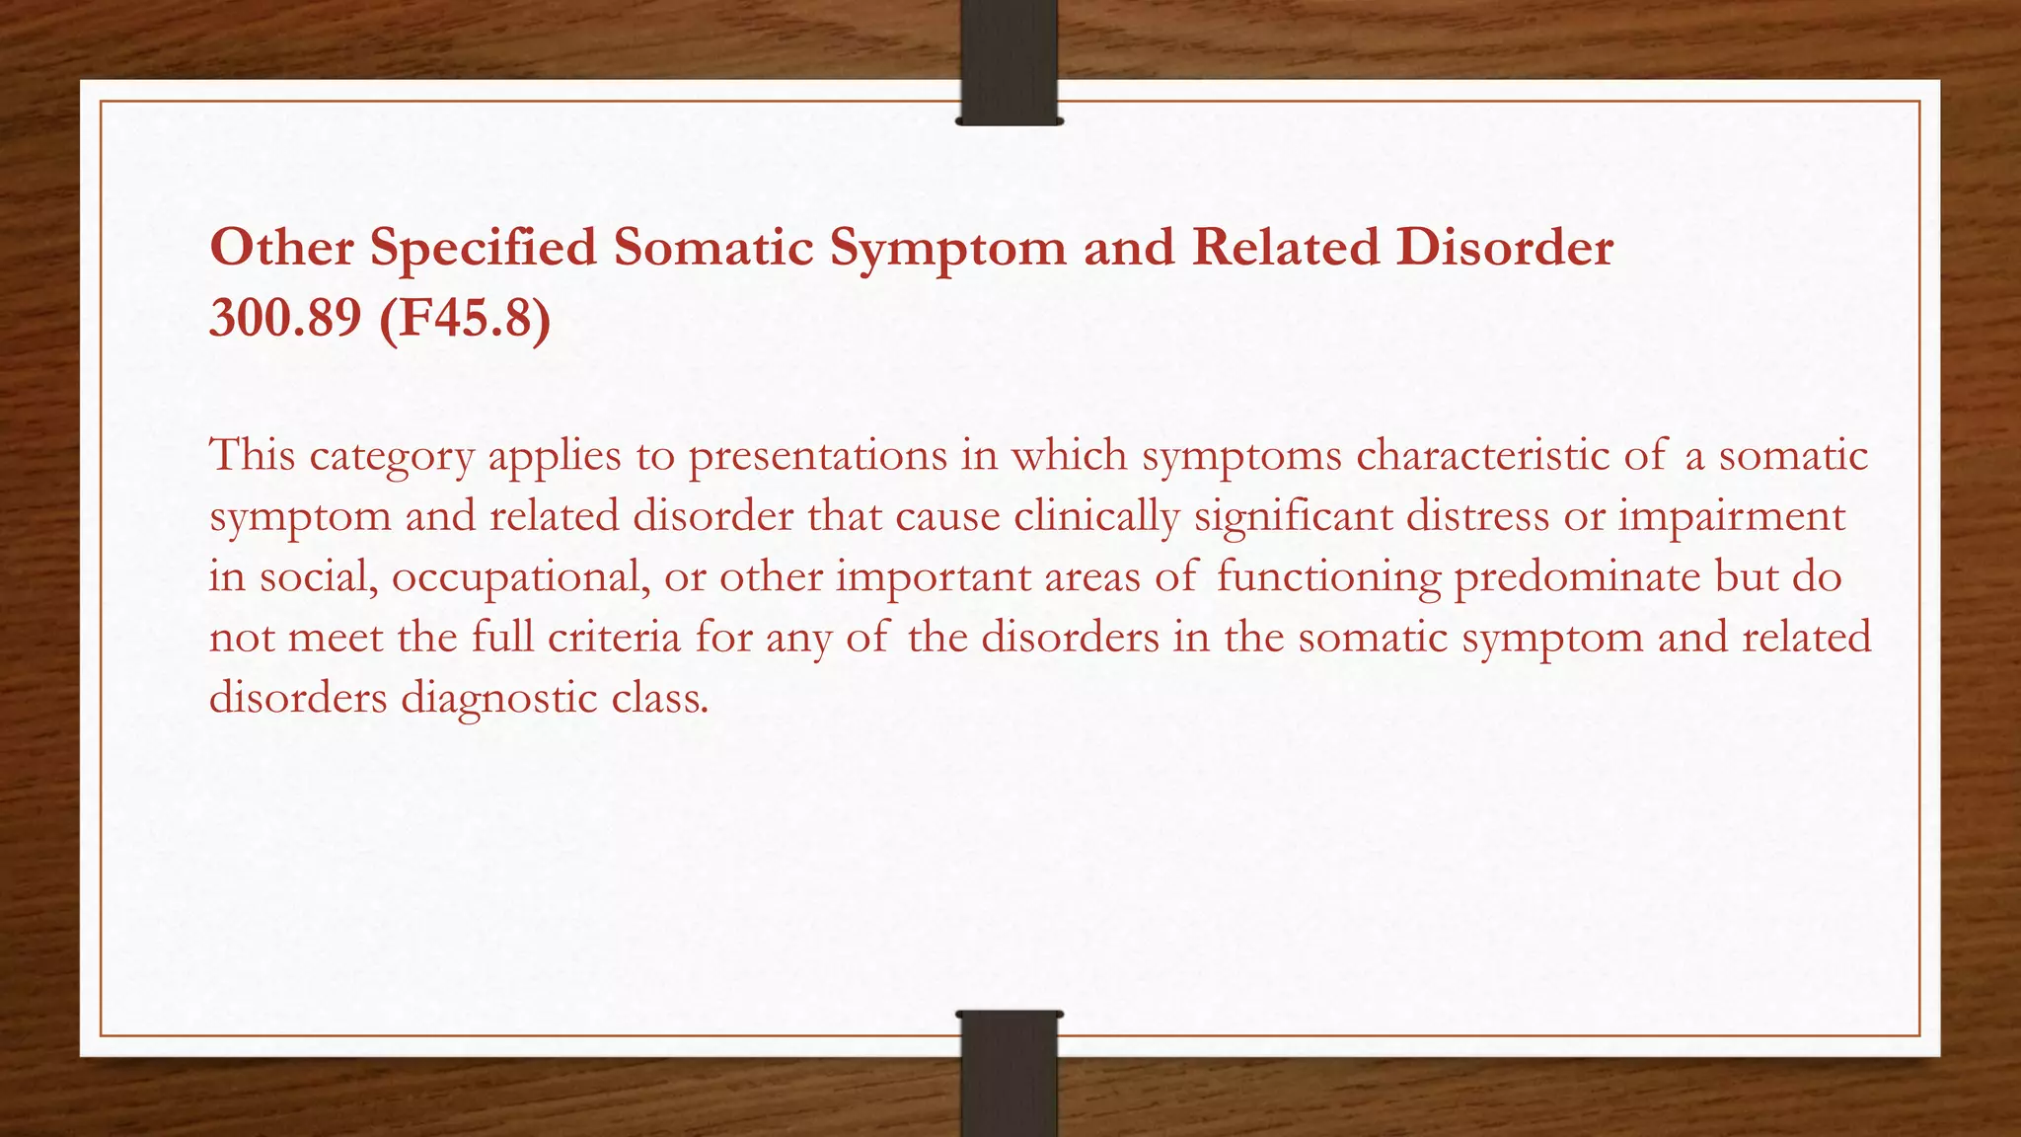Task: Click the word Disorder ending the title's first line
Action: click(x=1504, y=247)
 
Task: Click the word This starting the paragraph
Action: click(x=252, y=456)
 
